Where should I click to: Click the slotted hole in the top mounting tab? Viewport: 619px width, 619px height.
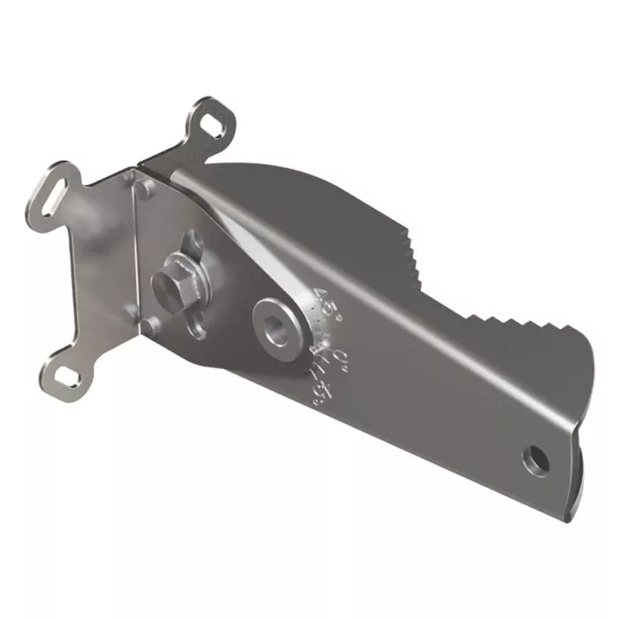[210, 124]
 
